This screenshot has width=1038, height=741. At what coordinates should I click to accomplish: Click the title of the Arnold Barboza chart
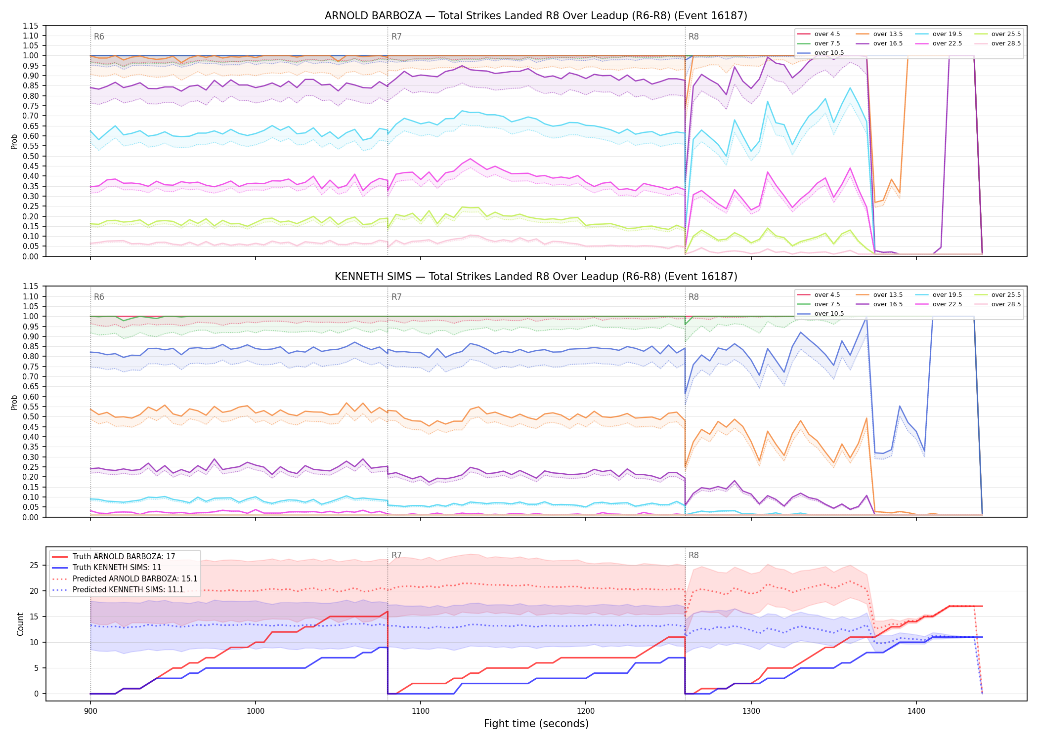click(x=536, y=16)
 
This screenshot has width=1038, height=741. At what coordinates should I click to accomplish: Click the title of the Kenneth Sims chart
click(x=536, y=277)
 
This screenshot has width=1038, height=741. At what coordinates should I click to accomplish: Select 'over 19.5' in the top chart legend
click(x=947, y=34)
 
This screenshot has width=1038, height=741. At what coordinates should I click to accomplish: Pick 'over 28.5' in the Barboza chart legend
click(x=1006, y=43)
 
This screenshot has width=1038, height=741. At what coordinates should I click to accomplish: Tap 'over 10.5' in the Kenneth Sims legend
click(x=829, y=314)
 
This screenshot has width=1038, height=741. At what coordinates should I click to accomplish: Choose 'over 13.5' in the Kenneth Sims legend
click(x=888, y=295)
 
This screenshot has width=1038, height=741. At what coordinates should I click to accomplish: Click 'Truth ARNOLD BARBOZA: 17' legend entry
click(x=124, y=557)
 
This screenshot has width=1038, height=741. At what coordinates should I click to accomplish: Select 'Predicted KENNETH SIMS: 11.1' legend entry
click(x=128, y=590)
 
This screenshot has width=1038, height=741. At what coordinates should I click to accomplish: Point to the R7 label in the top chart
click(x=396, y=37)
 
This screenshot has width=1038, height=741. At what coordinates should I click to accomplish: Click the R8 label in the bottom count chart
click(x=693, y=555)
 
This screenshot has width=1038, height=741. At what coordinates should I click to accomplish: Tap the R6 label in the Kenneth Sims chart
click(x=99, y=297)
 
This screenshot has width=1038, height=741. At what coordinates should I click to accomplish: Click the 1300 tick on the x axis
click(x=751, y=711)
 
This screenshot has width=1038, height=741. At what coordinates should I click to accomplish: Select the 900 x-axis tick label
click(x=90, y=711)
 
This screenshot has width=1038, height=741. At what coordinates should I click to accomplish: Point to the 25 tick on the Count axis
click(x=34, y=565)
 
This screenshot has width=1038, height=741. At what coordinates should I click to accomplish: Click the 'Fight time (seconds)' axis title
click(x=536, y=724)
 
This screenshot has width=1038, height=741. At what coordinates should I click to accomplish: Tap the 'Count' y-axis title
click(x=20, y=624)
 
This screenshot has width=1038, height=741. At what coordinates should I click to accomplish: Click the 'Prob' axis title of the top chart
click(x=14, y=141)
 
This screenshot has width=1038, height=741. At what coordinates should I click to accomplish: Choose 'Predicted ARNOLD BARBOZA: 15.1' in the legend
click(x=135, y=579)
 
